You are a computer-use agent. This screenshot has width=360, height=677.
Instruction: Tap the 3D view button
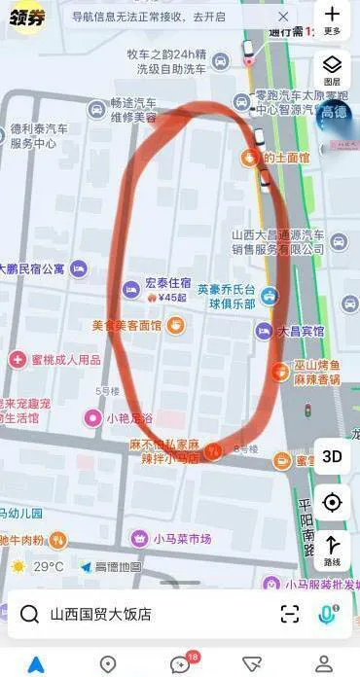[x=332, y=456]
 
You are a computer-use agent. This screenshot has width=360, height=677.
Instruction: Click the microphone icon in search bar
[x=327, y=613]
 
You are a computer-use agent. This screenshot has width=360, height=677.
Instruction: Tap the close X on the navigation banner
[x=283, y=17]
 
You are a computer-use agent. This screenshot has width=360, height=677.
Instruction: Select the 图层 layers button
[x=332, y=69]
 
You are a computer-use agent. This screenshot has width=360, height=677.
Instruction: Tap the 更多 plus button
[x=332, y=19]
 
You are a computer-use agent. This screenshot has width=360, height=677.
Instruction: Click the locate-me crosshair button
[x=332, y=502]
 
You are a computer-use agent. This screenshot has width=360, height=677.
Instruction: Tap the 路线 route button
[x=332, y=550]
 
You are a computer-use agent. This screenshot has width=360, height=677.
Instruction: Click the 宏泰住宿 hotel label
[x=164, y=284]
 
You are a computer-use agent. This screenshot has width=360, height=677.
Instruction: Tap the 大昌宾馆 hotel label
[x=299, y=331]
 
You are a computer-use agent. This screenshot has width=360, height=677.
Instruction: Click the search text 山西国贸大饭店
[x=100, y=614]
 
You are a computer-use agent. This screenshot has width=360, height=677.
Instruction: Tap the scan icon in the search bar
[x=289, y=613]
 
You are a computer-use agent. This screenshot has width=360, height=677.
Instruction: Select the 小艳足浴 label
[x=128, y=418]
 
